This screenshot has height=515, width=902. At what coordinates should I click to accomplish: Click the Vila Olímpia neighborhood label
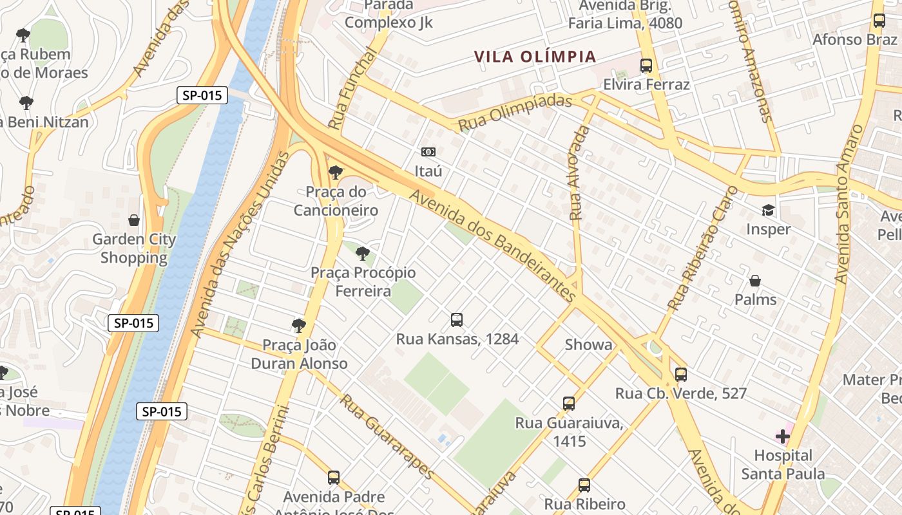tap(535, 57)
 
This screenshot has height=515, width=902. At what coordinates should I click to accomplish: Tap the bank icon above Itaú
tap(428, 152)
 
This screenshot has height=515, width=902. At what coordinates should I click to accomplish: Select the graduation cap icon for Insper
tap(768, 211)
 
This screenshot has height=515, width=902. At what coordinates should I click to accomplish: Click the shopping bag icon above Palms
tap(755, 281)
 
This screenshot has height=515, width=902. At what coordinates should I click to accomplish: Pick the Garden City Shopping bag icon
tap(134, 221)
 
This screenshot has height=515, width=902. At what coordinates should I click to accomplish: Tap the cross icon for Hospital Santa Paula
tap(783, 437)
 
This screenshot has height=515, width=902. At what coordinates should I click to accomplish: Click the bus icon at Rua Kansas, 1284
tap(457, 319)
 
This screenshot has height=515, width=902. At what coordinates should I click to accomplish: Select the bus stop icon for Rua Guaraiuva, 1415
tap(569, 404)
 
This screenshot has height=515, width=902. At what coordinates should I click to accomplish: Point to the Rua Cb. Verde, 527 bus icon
tap(681, 374)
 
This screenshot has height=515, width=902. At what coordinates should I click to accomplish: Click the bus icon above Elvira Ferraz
tap(646, 66)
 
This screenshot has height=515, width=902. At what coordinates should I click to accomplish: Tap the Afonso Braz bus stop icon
tap(879, 21)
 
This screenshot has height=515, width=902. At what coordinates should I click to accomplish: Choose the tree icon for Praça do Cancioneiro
tap(335, 173)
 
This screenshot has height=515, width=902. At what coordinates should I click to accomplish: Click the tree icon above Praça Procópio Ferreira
tap(363, 254)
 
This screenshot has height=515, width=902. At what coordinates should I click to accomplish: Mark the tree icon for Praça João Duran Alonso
tap(298, 326)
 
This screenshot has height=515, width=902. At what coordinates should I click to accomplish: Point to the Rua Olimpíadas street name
tap(515, 112)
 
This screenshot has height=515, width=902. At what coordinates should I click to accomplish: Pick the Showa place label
tap(588, 344)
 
